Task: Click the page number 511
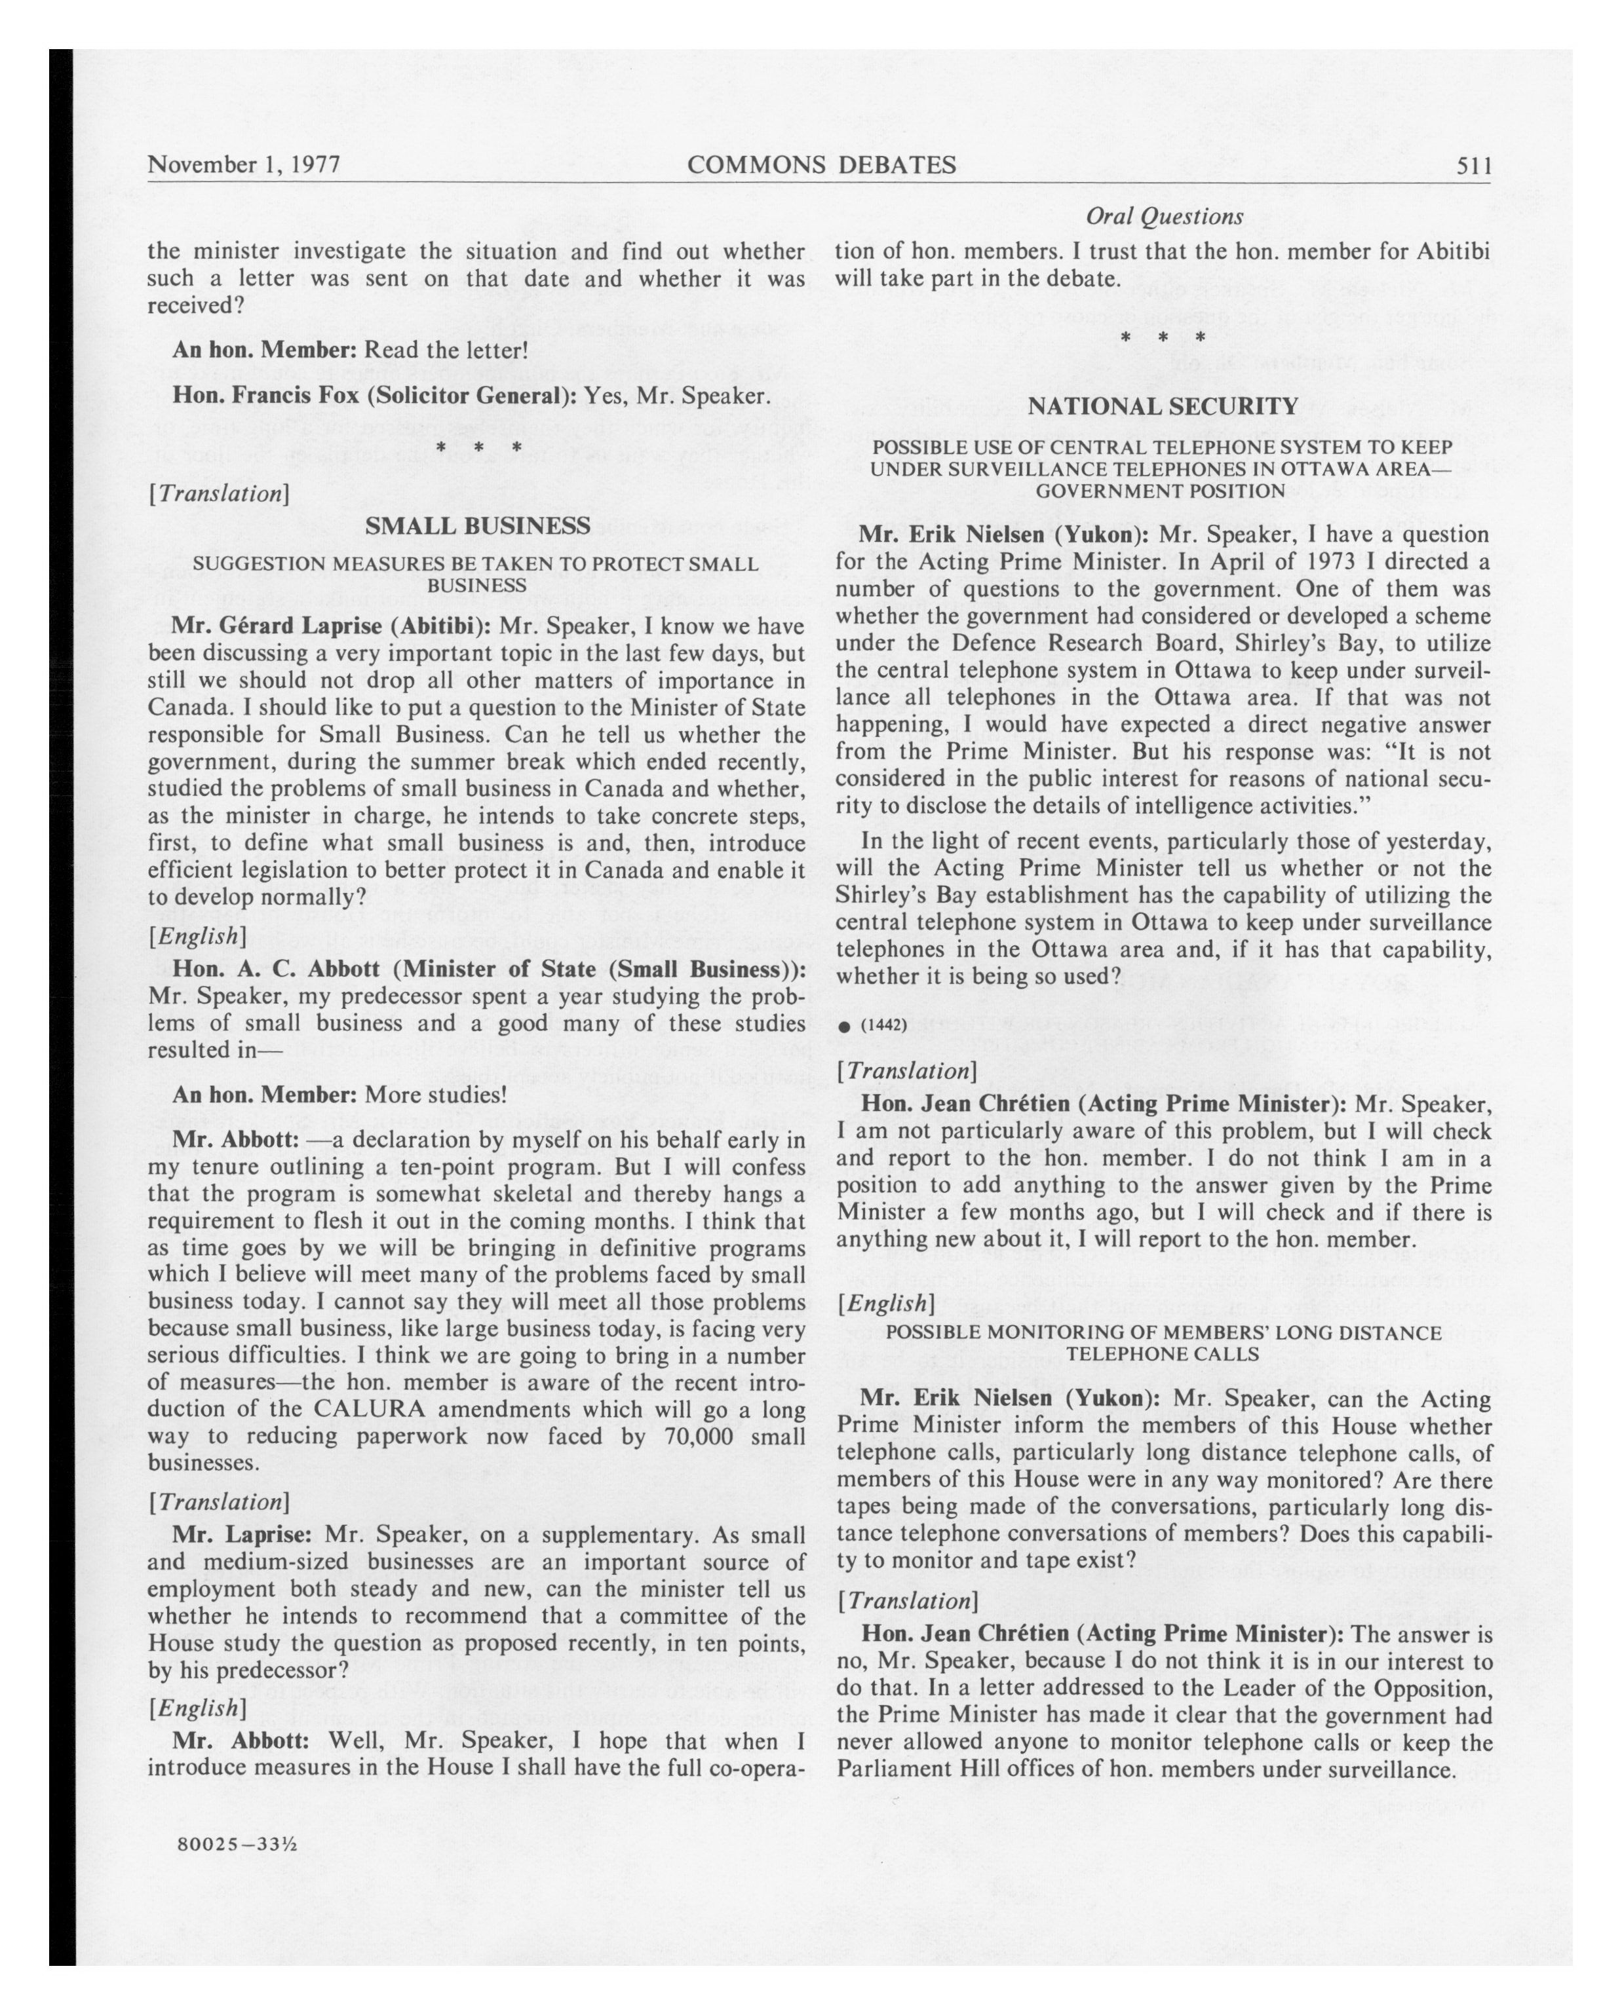1473,166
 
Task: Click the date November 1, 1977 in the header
243,166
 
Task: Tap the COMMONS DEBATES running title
821,166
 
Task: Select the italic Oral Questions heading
1163,217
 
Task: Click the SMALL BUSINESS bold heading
477,526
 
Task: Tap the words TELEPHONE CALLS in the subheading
1163,1353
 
